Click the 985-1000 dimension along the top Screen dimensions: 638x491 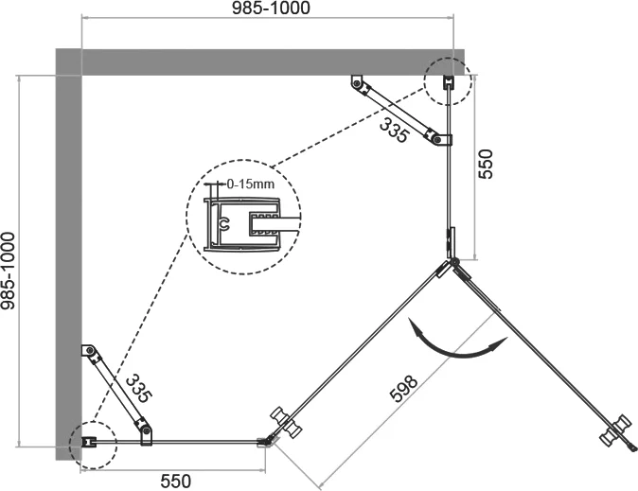(271, 8)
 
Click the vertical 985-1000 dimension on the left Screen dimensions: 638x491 (8, 271)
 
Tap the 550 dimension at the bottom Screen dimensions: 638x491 (176, 482)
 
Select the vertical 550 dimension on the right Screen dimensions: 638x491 (485, 164)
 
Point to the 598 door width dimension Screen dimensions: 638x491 (403, 388)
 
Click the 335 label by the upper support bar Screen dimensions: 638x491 (394, 130)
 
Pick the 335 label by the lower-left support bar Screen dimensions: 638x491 (139, 389)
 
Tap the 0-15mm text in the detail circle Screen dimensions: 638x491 (251, 184)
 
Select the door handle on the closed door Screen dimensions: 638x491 (287, 422)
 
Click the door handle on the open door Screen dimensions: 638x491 (616, 432)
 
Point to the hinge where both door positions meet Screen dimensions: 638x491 (453, 262)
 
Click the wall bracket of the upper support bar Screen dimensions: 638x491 (357, 82)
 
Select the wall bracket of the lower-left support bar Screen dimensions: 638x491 (88, 350)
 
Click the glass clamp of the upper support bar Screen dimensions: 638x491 (440, 139)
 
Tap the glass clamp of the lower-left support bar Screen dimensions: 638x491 (146, 433)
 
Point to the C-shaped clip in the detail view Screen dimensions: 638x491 (223, 223)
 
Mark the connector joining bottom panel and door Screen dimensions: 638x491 (266, 442)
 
